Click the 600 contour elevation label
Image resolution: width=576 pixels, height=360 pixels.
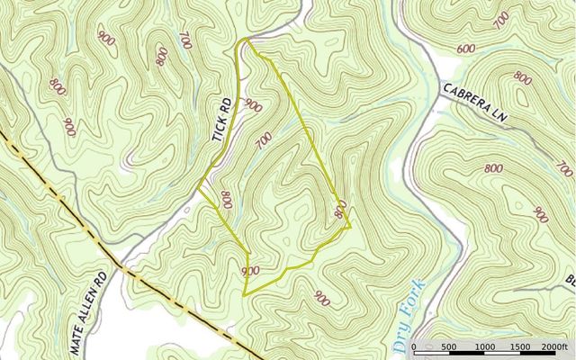(466, 49)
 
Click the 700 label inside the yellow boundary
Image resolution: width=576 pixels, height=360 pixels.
(264, 140)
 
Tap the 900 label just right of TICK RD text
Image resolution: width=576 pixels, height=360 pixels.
(253, 106)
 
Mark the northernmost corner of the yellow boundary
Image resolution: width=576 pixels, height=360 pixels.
(245, 39)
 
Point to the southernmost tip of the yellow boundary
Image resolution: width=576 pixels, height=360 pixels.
(245, 295)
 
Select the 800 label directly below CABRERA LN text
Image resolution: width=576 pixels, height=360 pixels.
(493, 168)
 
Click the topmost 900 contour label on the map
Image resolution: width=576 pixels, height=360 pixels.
(107, 39)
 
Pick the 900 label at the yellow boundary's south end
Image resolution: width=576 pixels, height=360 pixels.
(251, 271)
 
